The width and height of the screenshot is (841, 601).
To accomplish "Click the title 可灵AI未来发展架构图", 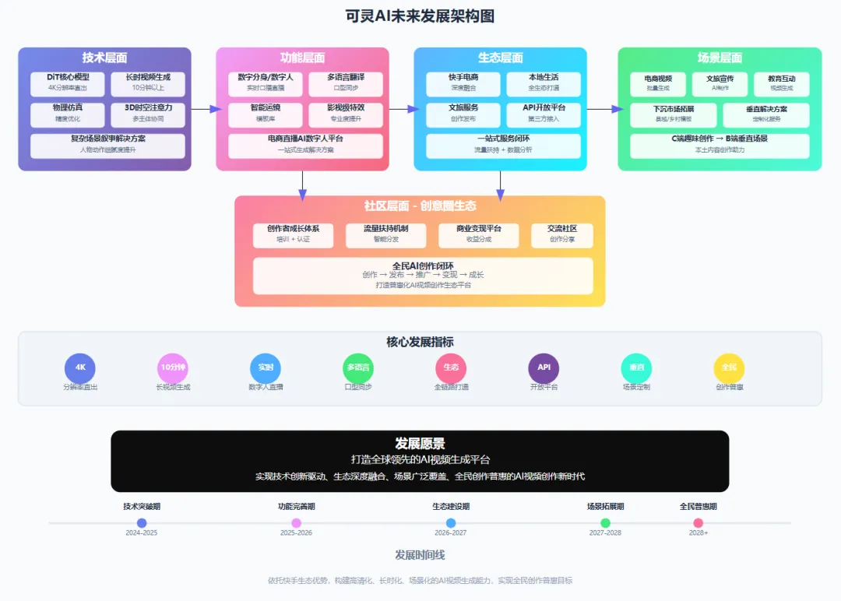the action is coord(420,16).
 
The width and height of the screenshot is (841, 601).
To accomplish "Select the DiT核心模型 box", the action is coord(69,83).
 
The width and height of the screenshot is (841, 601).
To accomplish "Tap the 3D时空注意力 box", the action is coord(148,114).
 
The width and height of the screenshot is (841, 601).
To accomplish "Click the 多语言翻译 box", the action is coord(346,83).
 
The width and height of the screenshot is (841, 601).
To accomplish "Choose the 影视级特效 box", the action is coord(346,114).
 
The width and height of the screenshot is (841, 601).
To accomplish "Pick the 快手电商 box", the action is coord(463,83).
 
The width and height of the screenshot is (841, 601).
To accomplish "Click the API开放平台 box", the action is coord(544,114).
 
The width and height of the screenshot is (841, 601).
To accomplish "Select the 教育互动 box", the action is coord(781,83).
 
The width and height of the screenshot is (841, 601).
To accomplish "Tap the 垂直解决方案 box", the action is coord(765,114).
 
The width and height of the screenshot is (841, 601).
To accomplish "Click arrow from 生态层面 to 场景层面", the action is coord(602,109).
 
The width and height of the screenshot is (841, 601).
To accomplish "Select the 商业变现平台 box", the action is coord(478,234).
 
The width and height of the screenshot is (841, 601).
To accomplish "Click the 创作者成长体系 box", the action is coord(293,234).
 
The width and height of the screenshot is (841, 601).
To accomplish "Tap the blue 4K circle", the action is coord(79,367).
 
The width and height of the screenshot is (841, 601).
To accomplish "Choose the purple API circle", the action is coord(544,367).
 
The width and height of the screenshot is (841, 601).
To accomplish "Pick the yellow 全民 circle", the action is coord(729,367).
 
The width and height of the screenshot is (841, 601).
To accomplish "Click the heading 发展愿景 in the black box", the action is coord(420,444).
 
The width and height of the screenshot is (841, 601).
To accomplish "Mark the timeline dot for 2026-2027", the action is coord(451,523).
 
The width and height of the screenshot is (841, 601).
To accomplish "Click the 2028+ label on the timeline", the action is coord(698,533).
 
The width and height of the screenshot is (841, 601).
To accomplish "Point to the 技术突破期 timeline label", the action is coord(142,507).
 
